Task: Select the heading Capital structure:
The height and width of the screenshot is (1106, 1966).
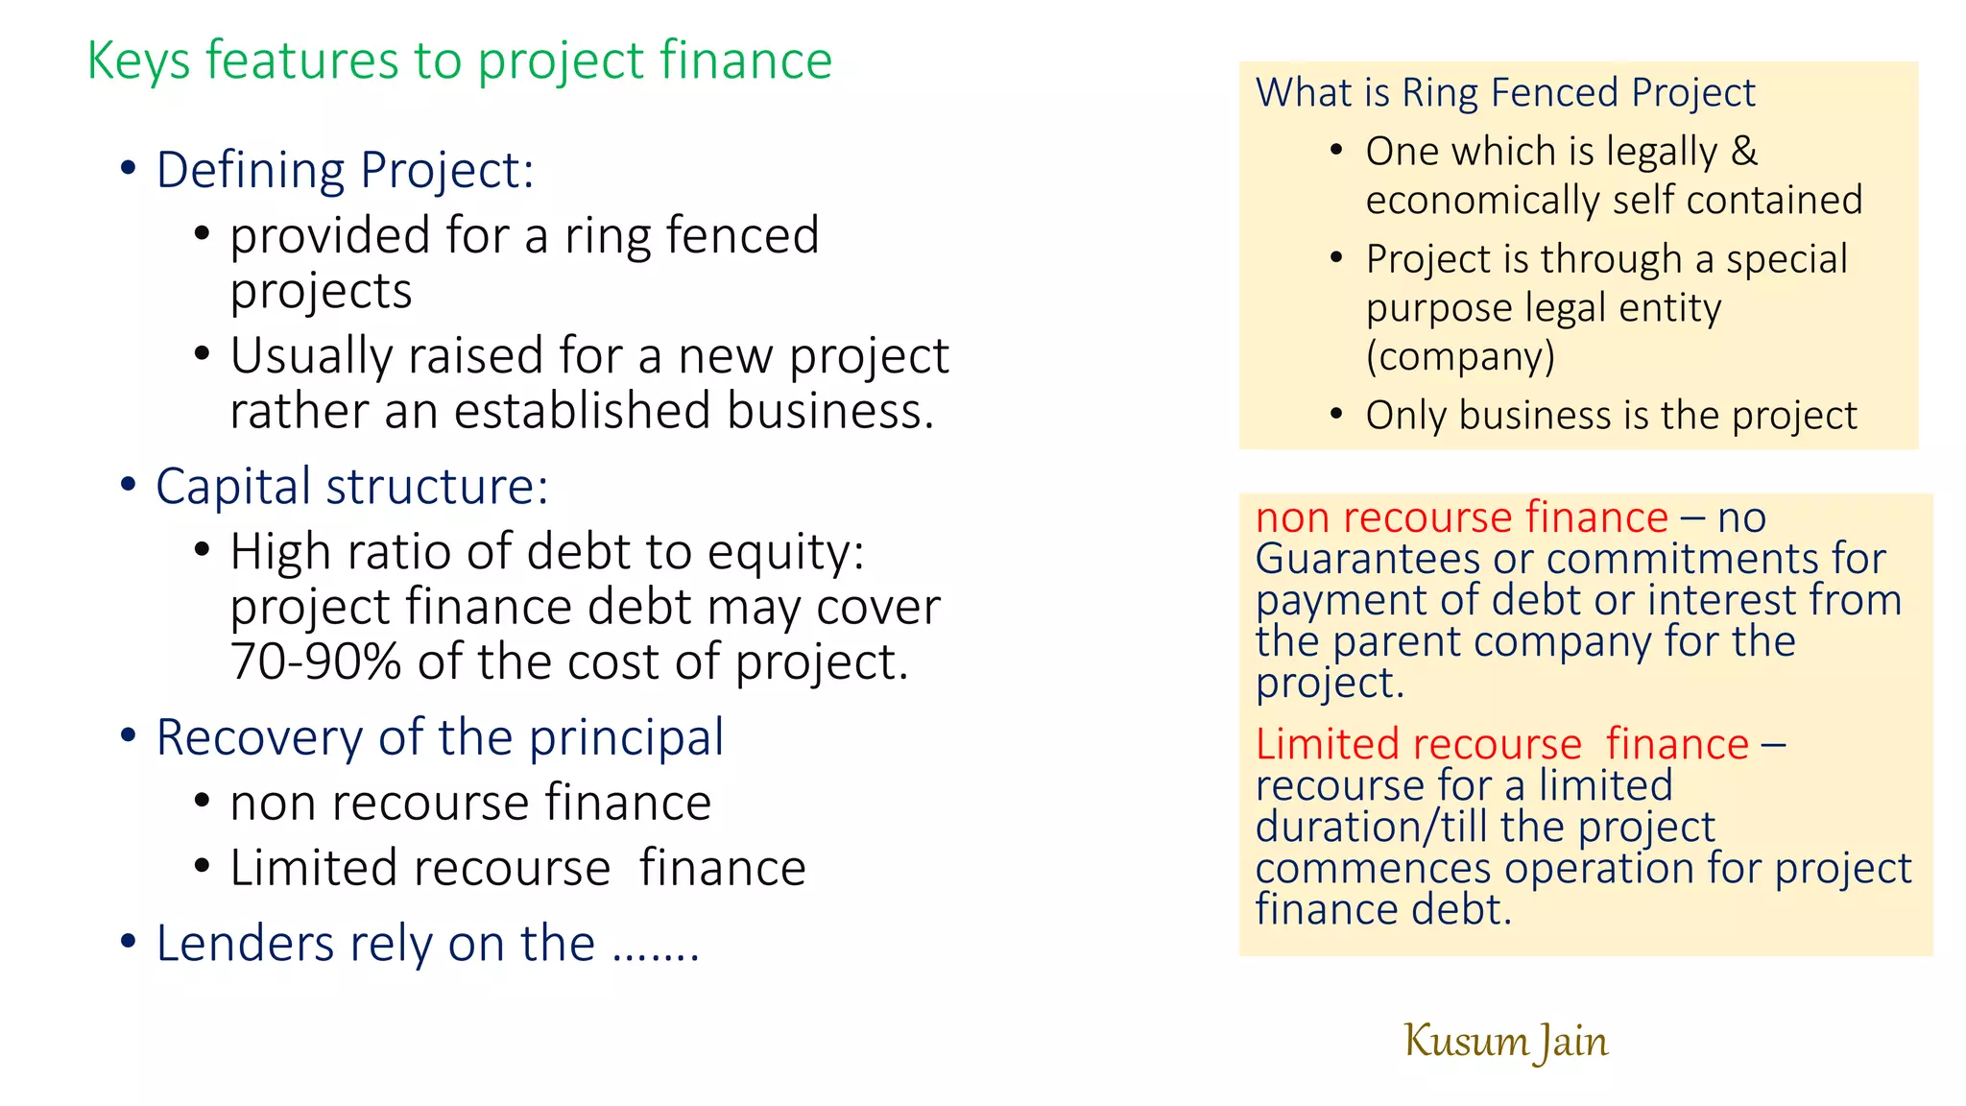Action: (x=351, y=486)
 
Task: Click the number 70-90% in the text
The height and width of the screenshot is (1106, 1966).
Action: (x=315, y=661)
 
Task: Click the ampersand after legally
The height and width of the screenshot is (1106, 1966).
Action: (x=1744, y=151)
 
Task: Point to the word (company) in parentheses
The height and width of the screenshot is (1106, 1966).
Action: (x=1460, y=356)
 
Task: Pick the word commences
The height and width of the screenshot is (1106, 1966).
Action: (x=1374, y=869)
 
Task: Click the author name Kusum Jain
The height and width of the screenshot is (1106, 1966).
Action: (x=1505, y=1042)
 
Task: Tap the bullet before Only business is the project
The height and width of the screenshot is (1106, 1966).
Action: (x=1336, y=415)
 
